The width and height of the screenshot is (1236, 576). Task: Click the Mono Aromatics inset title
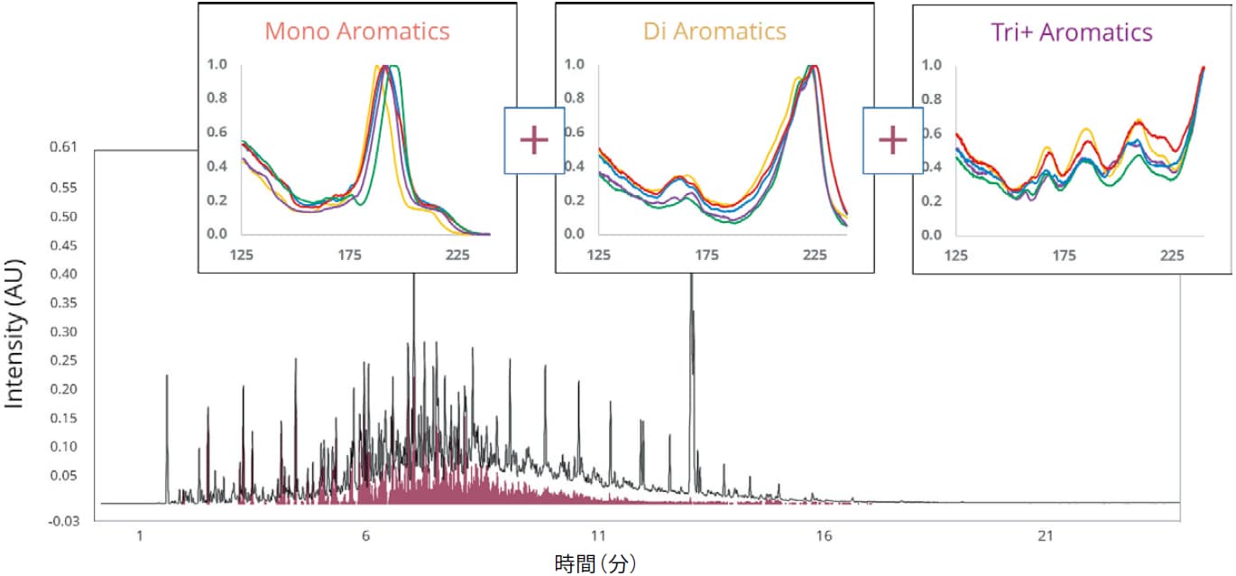click(x=356, y=32)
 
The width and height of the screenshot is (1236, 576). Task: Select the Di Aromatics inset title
click(x=715, y=32)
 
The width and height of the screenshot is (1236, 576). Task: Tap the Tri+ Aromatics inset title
click(x=1072, y=33)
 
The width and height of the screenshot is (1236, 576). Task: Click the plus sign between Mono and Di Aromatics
click(x=534, y=141)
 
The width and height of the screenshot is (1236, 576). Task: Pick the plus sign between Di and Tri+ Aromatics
click(x=892, y=141)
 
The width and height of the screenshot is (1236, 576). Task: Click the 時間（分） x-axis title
click(x=595, y=564)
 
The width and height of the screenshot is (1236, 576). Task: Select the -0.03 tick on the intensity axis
click(x=64, y=522)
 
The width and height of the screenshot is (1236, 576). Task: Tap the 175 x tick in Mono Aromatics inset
click(x=350, y=255)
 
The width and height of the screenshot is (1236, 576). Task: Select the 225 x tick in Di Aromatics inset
click(x=815, y=255)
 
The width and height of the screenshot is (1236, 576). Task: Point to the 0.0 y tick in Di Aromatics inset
click(x=573, y=234)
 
